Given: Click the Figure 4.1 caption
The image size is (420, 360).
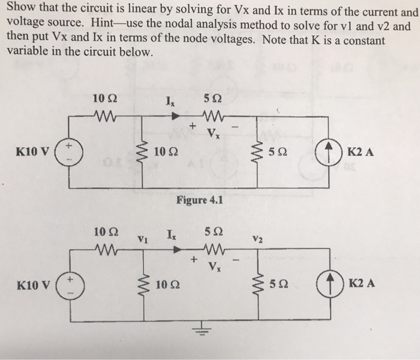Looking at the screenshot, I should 200,200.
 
